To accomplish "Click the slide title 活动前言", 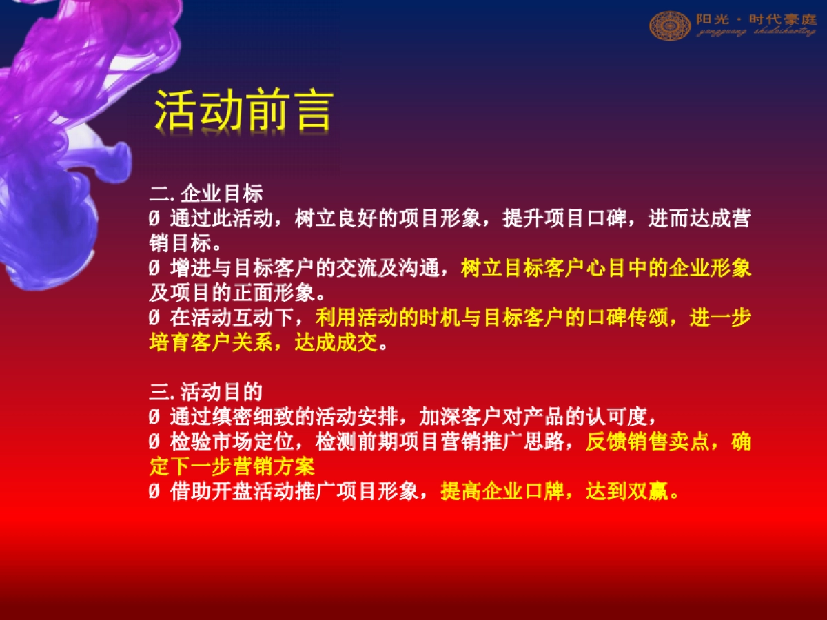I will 243,110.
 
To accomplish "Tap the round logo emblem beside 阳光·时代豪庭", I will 669,25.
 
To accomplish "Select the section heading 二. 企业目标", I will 205,195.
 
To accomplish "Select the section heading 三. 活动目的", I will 205,393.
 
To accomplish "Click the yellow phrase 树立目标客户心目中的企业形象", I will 606,269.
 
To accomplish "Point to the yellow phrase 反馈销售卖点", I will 648,442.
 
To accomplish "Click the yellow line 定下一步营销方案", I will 232,466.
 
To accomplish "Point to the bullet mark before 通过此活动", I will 154,220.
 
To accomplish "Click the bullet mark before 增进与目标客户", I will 154,269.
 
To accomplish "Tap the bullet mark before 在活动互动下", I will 154,318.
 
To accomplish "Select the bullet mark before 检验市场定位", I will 154,442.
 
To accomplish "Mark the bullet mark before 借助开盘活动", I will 154,492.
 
